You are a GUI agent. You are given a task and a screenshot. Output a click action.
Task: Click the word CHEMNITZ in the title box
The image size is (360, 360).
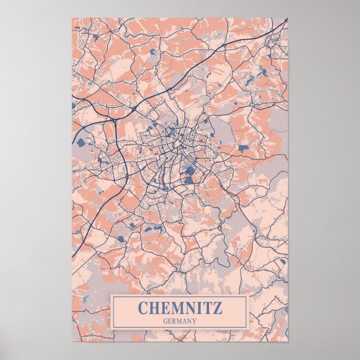179,307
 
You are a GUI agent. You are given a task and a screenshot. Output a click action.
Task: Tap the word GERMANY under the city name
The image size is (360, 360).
179,321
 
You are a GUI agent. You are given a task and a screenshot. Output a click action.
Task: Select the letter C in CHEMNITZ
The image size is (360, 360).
143,307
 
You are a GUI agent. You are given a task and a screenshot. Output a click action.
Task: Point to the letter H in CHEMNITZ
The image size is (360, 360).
154,307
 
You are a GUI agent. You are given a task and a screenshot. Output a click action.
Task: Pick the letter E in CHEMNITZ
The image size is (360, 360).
164,307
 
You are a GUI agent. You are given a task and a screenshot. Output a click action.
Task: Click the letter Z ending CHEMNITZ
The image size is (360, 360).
217,307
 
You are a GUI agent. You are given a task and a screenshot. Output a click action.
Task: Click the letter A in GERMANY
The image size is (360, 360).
184,321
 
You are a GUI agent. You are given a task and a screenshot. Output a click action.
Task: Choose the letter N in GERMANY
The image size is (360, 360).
189,321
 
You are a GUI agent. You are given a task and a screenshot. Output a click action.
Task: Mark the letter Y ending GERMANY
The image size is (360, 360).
194,321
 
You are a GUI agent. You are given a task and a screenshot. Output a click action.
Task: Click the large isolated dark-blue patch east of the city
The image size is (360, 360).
243,148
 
